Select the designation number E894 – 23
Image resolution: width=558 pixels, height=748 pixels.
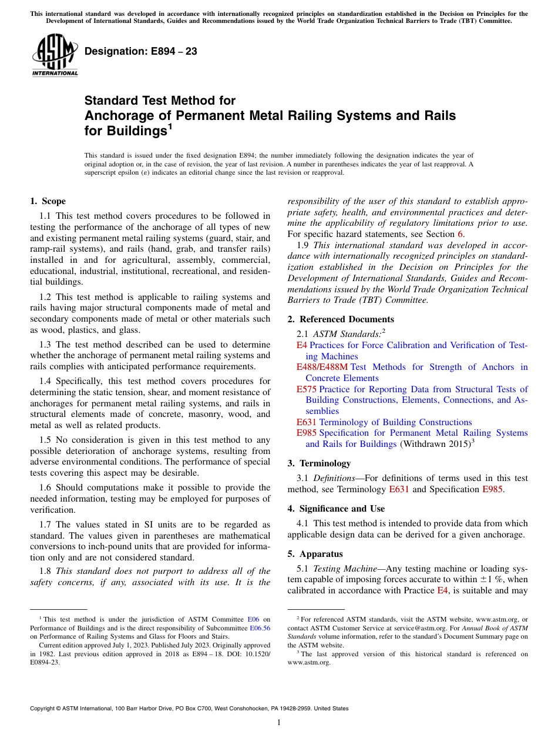click(x=141, y=52)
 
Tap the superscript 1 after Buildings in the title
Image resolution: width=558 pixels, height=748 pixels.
click(x=170, y=125)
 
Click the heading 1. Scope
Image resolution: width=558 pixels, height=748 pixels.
click(x=48, y=201)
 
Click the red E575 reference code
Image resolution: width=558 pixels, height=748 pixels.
click(x=306, y=389)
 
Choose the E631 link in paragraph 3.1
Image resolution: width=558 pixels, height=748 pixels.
click(x=399, y=489)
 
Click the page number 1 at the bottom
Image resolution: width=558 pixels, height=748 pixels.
click(x=279, y=722)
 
